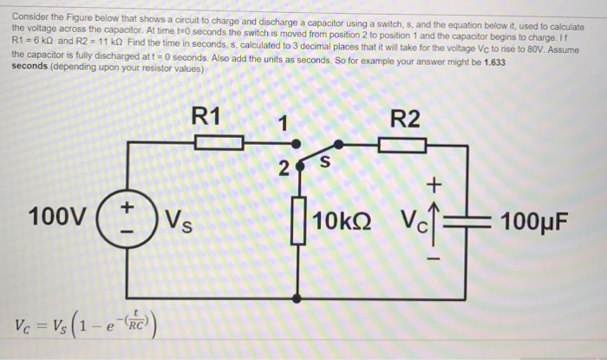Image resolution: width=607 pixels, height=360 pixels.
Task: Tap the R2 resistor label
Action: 405,119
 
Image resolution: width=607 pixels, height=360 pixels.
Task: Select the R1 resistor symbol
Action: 212,144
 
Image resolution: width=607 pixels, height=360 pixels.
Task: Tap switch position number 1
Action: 282,121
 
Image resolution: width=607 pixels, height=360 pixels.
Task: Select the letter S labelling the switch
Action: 326,161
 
